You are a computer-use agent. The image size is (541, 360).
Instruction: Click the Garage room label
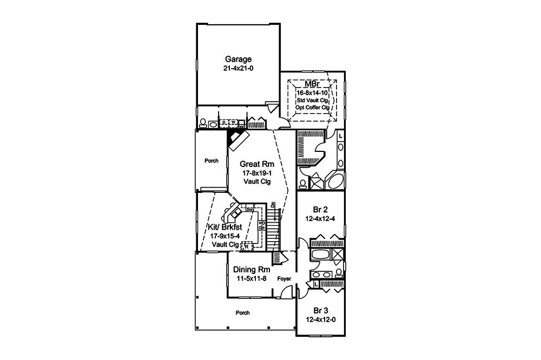point(239,59)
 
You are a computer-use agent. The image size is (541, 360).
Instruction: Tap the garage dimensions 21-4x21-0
point(239,69)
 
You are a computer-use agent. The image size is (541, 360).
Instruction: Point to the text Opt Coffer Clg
point(313,107)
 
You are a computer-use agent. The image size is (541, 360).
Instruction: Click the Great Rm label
point(257,164)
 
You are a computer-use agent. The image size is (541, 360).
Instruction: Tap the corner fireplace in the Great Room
point(236,138)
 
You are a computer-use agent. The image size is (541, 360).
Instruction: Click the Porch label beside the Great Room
point(212,161)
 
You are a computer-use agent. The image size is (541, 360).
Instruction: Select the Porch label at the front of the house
point(243,312)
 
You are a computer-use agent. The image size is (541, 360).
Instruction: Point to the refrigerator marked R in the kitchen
point(247,246)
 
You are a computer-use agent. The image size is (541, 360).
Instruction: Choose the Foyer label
point(284,279)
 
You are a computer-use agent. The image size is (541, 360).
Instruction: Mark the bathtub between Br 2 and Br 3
point(320,255)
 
